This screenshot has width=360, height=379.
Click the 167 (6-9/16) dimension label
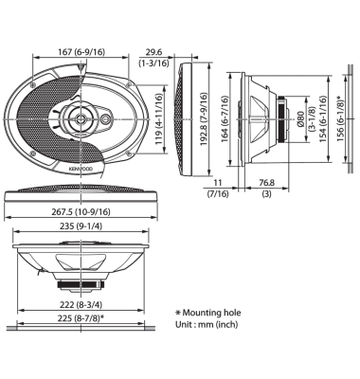click(x=81, y=52)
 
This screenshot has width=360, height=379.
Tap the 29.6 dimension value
click(x=153, y=52)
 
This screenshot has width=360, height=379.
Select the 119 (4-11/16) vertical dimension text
click(x=159, y=119)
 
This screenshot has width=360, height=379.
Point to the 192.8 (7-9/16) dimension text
click(x=205, y=119)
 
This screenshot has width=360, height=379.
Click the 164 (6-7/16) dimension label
click(x=225, y=118)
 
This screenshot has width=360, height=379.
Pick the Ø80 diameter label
click(x=300, y=119)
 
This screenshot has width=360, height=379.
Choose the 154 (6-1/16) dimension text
click(x=322, y=118)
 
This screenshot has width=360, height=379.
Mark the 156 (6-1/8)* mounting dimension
click(x=340, y=118)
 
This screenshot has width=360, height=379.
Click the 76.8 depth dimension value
click(x=267, y=183)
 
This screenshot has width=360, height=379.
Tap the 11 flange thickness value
click(x=218, y=183)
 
